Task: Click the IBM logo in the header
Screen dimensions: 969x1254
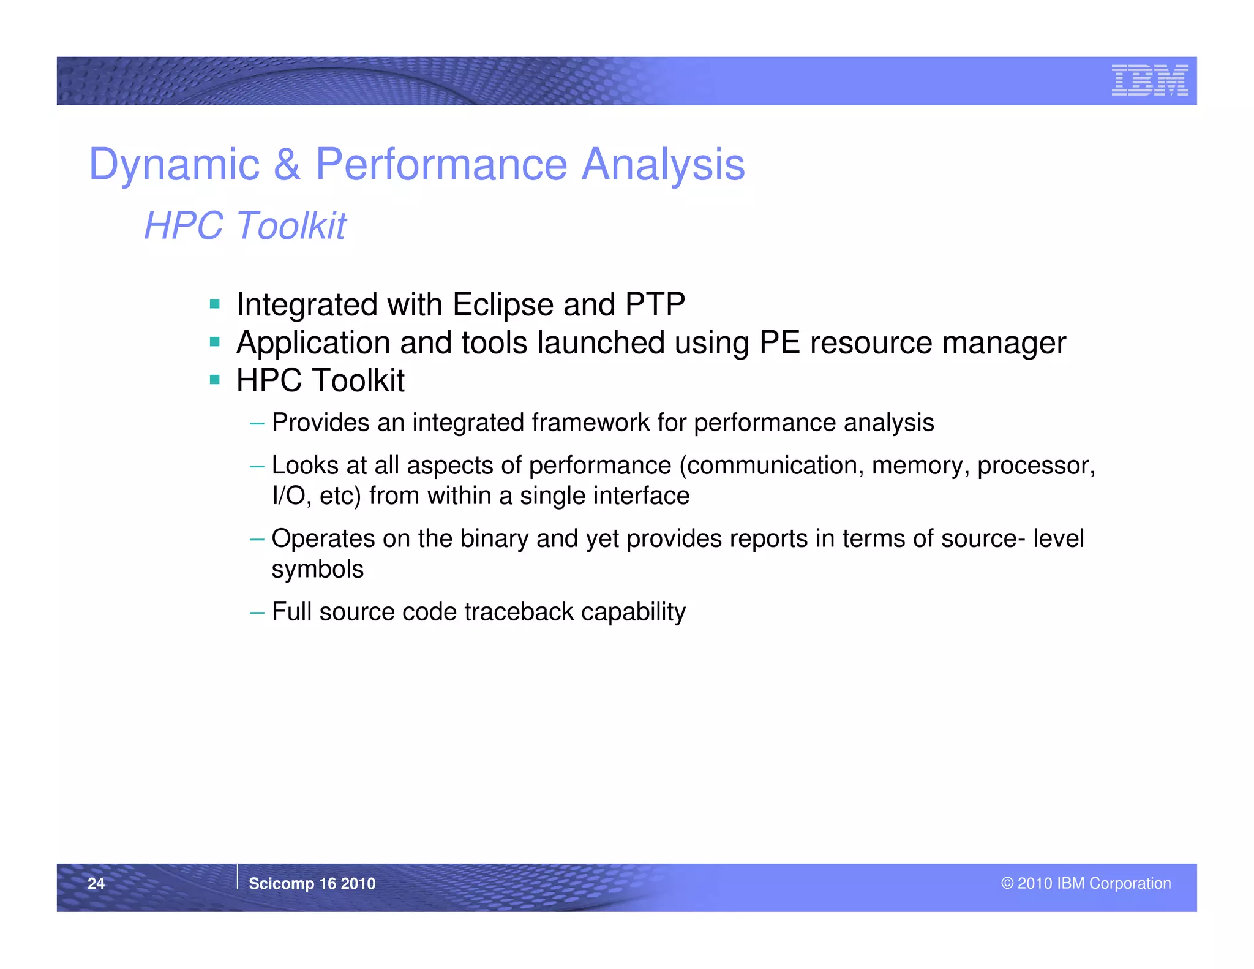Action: pos(1149,80)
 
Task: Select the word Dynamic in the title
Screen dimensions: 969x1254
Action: pos(174,165)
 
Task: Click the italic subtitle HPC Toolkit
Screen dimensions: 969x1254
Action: pos(245,225)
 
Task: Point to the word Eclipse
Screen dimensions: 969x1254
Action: pos(503,304)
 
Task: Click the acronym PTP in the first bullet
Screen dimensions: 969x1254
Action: pos(655,304)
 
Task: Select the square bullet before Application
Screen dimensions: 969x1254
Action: pos(214,342)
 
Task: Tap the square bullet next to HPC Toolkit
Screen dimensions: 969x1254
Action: pos(214,380)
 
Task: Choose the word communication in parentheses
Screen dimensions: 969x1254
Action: pos(775,466)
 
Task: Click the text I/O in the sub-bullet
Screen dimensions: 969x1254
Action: pos(288,496)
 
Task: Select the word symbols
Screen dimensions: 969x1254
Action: pos(317,570)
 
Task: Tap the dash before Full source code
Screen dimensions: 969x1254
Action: pos(257,612)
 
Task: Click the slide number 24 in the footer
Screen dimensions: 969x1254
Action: pos(96,883)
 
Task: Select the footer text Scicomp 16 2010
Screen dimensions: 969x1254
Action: pos(312,883)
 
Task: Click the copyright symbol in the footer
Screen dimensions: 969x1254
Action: pos(1007,883)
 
